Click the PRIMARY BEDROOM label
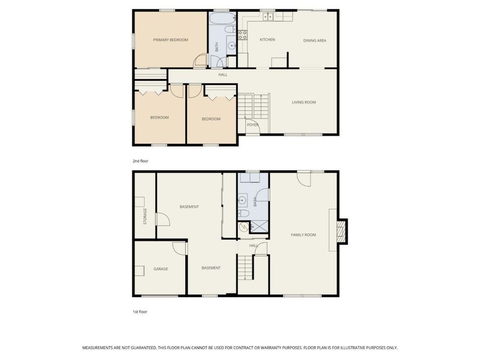170,40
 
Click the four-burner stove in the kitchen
243,35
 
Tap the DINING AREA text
314,40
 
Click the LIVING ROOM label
304,103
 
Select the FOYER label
252,125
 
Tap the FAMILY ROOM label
303,235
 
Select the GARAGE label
160,269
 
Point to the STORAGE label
145,216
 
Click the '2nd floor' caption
140,161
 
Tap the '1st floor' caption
139,312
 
